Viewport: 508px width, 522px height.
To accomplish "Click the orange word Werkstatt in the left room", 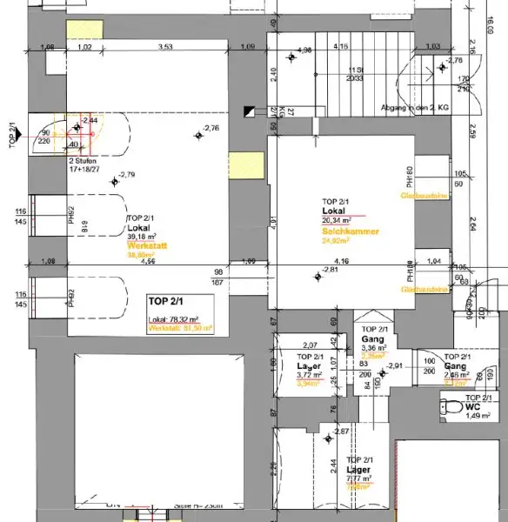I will click(x=145, y=246).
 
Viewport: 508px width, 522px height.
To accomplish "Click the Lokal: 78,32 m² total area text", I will click(x=177, y=319).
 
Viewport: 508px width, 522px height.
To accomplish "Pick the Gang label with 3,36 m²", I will click(x=375, y=339).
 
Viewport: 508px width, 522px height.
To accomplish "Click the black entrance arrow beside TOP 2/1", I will click(x=251, y=110).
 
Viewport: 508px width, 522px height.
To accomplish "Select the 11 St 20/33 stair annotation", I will click(x=354, y=73).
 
